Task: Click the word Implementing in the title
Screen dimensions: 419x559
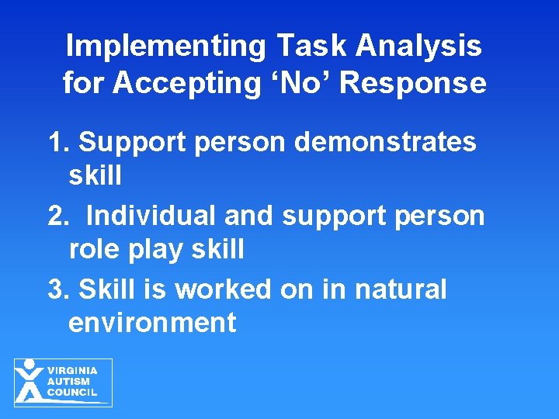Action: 164,47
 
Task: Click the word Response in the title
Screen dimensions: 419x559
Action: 413,83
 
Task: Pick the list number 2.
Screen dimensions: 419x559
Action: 59,216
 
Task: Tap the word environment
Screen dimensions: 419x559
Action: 152,322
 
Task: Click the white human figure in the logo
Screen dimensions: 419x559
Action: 29,382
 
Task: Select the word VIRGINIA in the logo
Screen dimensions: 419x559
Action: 73,371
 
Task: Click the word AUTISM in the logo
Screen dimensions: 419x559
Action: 68,382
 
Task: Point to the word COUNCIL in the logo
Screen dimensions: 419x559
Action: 72,393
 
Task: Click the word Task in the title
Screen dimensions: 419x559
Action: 308,47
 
